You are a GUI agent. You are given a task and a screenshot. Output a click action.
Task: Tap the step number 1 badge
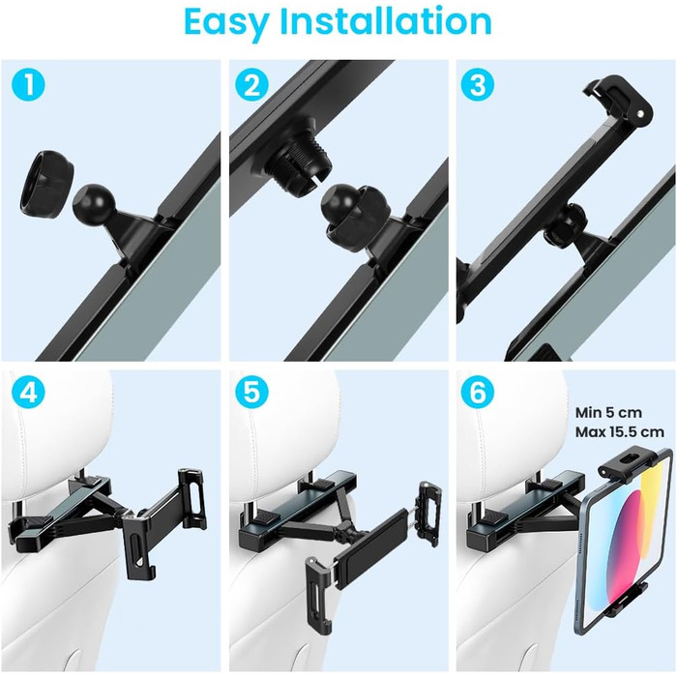pos(28,84)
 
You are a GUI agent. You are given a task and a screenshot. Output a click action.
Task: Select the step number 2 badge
pos(251,84)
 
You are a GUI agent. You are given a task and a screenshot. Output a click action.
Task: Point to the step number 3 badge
pos(477,84)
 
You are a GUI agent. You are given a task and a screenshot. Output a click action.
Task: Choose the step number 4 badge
pos(28,392)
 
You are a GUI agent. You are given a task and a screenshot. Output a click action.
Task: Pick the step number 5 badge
pos(251,392)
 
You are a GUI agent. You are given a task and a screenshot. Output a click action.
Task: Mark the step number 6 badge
pos(477,392)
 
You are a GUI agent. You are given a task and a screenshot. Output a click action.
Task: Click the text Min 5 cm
pos(608,413)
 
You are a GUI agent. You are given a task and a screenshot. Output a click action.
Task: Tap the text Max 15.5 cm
pos(620,431)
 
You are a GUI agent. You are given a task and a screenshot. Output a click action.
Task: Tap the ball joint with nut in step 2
pos(355,215)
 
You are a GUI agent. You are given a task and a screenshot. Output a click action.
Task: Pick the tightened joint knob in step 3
pos(565,225)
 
